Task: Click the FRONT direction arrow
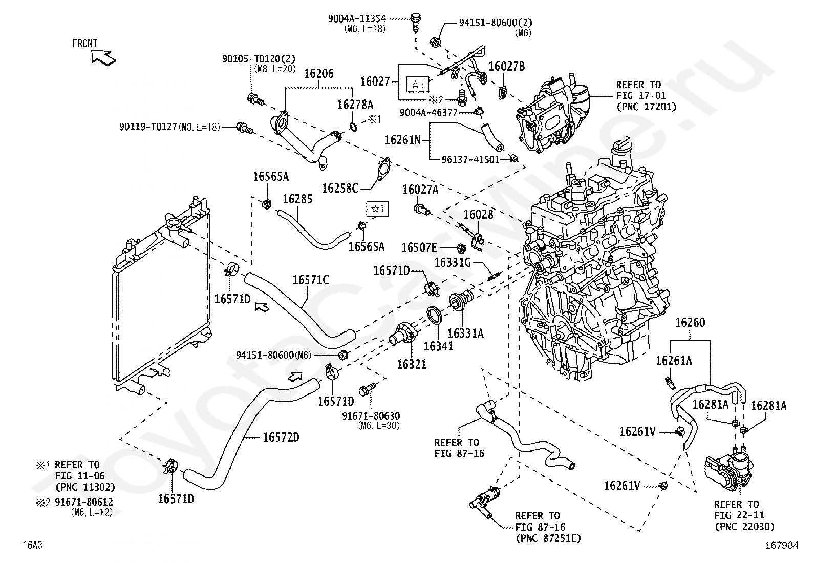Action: pos(103,57)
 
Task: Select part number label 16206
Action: pos(318,73)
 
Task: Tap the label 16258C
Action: pos(339,188)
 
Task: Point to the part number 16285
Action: pos(297,198)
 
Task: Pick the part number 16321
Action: pos(412,364)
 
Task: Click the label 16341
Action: pos(439,346)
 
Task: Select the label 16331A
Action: pos(465,333)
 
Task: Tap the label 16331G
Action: pos(452,263)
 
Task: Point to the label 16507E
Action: pos(419,248)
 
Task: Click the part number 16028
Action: pos(479,214)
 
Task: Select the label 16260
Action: pos(690,322)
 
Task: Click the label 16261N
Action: pos(402,140)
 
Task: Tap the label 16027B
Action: pos(507,66)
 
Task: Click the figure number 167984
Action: pos(782,546)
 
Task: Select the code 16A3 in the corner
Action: pos(32,546)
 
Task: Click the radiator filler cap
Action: pos(174,224)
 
